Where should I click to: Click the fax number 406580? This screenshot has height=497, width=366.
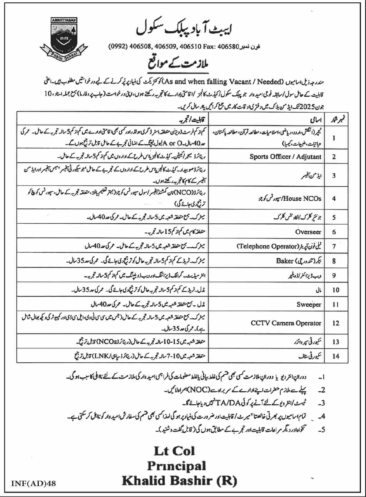pyautogui.click(x=228, y=47)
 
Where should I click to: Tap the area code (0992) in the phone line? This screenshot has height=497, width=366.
pyautogui.click(x=118, y=47)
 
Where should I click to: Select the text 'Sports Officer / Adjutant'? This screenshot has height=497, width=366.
pyautogui.click(x=285, y=157)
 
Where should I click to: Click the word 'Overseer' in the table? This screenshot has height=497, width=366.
pyautogui.click(x=308, y=232)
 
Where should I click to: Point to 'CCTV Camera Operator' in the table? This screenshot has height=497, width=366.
pyautogui.click(x=286, y=323)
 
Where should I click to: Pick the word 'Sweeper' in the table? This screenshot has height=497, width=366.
pyautogui.click(x=309, y=304)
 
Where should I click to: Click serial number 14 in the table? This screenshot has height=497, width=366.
pyautogui.click(x=335, y=356)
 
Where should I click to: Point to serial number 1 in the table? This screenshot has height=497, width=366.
pyautogui.click(x=334, y=138)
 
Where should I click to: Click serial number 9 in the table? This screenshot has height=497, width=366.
pyautogui.click(x=334, y=275)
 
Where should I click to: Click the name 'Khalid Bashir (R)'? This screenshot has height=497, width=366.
pyautogui.click(x=179, y=481)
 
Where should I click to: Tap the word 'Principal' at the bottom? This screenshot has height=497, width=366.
pyautogui.click(x=177, y=466)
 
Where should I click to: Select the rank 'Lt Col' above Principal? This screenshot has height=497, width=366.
pyautogui.click(x=174, y=451)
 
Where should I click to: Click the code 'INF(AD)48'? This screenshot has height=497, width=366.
pyautogui.click(x=33, y=484)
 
